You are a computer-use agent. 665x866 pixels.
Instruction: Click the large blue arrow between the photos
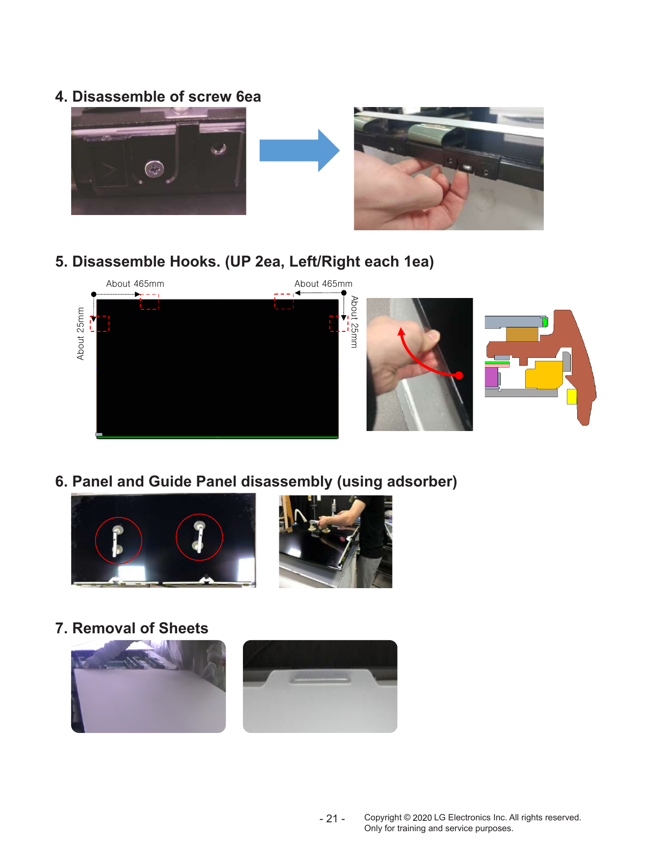click(x=299, y=150)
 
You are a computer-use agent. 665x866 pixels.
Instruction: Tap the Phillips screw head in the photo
click(x=154, y=169)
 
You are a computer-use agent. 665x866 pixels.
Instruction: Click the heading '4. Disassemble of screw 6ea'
click(x=158, y=97)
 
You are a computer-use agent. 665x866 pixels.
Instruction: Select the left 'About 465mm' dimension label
click(x=135, y=284)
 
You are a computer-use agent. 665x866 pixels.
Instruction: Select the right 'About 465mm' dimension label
click(x=323, y=284)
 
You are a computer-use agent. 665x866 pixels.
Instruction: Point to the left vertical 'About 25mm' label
click(x=80, y=334)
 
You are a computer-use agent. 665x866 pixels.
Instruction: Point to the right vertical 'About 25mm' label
click(x=354, y=322)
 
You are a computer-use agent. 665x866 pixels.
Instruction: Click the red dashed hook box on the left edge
click(x=100, y=324)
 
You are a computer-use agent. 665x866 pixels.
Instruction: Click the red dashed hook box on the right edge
click(x=339, y=324)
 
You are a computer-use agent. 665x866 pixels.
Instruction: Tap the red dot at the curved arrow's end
click(x=459, y=376)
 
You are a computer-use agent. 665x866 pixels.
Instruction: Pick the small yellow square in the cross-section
click(x=572, y=396)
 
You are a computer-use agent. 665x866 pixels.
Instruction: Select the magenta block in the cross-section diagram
click(x=491, y=377)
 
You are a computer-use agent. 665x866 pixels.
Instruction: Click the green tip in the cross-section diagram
click(x=545, y=322)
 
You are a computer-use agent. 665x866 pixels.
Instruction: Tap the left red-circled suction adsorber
click(x=117, y=541)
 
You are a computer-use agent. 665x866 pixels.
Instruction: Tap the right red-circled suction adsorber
click(x=199, y=537)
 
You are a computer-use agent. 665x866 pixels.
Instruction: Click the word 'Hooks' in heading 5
click(x=193, y=262)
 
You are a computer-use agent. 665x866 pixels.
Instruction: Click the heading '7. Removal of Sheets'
click(x=132, y=628)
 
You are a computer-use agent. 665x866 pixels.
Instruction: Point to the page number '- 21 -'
click(x=332, y=819)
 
